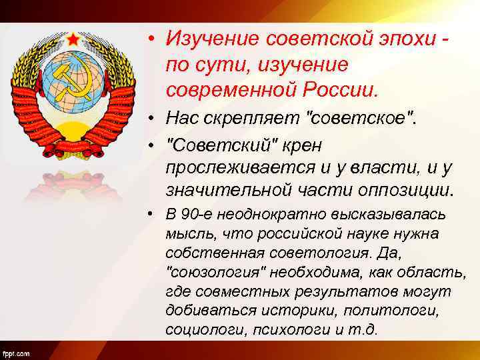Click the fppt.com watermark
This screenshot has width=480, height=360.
click(x=15, y=352)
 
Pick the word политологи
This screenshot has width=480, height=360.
click(x=415, y=311)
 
